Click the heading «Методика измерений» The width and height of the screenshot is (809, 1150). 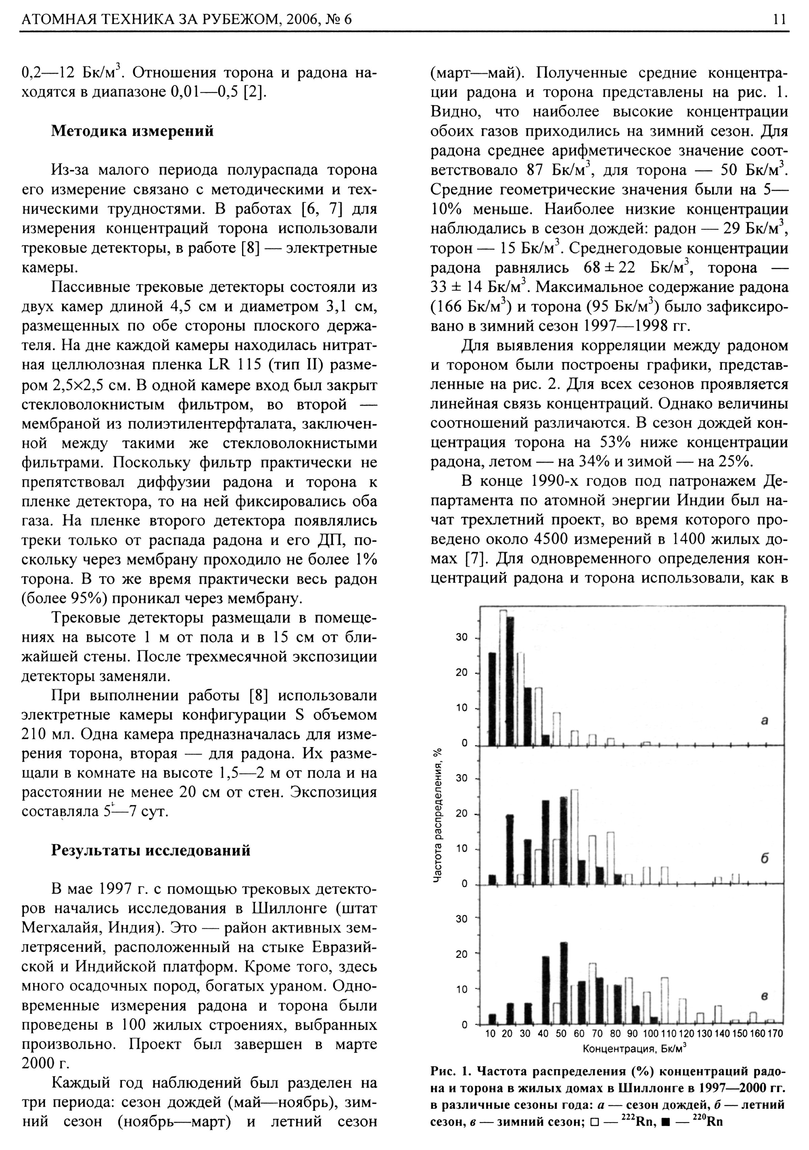pyautogui.click(x=133, y=131)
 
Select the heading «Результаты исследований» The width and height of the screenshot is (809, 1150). pyautogui.click(x=151, y=850)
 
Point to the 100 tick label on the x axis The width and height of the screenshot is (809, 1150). pyautogui.click(x=651, y=1034)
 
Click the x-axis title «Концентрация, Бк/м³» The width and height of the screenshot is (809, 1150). pyautogui.click(x=634, y=1048)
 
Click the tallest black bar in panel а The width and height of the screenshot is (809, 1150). pyautogui.click(x=510, y=681)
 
